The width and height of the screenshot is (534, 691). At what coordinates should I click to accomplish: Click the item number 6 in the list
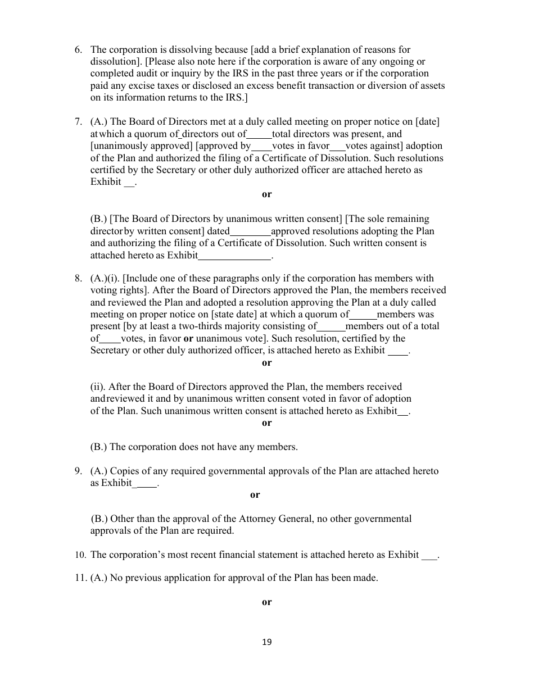tap(78, 50)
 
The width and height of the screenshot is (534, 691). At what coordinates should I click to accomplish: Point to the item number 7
tap(78, 122)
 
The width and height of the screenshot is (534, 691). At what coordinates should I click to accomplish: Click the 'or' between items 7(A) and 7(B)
tap(266, 194)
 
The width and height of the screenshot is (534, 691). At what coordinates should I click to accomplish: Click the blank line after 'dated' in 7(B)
tap(250, 231)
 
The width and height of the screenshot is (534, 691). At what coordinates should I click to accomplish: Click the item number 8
tap(78, 279)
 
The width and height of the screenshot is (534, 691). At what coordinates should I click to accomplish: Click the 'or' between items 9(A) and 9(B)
tap(255, 495)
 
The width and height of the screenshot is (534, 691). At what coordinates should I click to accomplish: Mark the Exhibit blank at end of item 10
tap(429, 555)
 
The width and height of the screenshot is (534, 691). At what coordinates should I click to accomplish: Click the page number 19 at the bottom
tap(266, 643)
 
